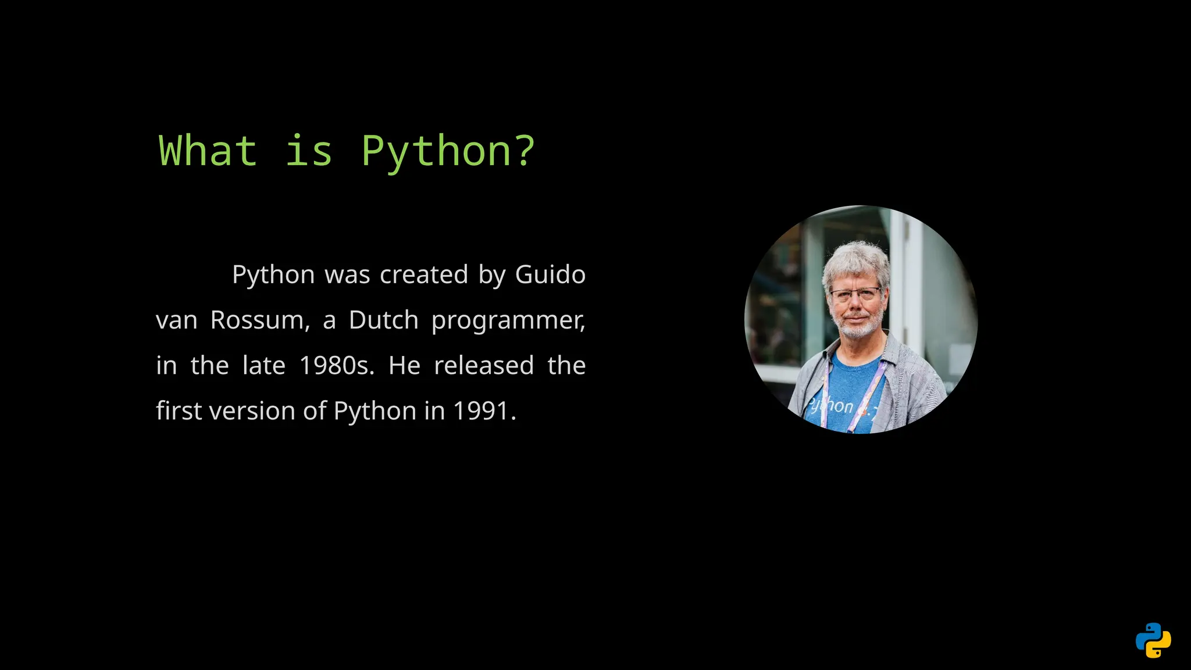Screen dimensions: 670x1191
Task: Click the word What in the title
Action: (208, 151)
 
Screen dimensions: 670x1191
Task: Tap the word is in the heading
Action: (309, 151)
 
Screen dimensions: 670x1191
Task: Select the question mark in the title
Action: (525, 151)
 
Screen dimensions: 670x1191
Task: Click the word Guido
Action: (550, 275)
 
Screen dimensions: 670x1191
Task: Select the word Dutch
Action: (383, 320)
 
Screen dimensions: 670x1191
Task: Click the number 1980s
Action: (336, 366)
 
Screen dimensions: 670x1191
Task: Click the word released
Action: (484, 366)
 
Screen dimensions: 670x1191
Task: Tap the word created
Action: (424, 275)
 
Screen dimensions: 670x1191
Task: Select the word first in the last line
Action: (179, 411)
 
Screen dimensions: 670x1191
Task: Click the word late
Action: (263, 366)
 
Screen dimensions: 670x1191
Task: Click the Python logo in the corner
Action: (1153, 640)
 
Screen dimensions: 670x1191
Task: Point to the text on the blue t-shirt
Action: (832, 406)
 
